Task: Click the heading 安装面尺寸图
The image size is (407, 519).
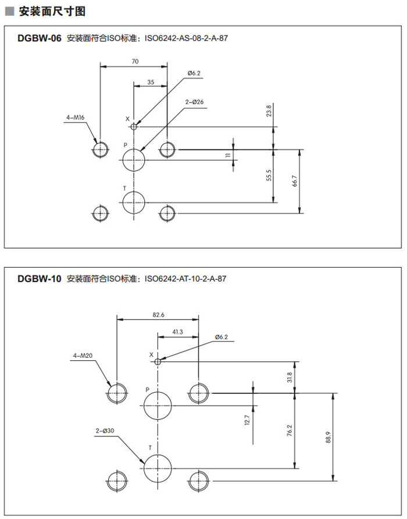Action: click(52, 11)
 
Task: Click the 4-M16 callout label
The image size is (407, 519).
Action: click(76, 118)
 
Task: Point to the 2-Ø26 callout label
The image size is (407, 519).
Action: click(194, 102)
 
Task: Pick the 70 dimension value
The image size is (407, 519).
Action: click(135, 61)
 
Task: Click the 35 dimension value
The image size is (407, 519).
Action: click(151, 82)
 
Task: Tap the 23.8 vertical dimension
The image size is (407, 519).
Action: click(269, 110)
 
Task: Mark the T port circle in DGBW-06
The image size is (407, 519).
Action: click(134, 202)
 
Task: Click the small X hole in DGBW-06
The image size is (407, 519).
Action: click(134, 126)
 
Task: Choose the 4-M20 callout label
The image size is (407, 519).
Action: click(83, 355)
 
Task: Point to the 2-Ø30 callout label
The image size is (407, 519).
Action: click(105, 431)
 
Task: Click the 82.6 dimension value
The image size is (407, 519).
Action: click(158, 314)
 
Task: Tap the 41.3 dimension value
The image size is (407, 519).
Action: click(178, 332)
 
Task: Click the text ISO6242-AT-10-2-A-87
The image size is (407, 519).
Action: click(185, 279)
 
